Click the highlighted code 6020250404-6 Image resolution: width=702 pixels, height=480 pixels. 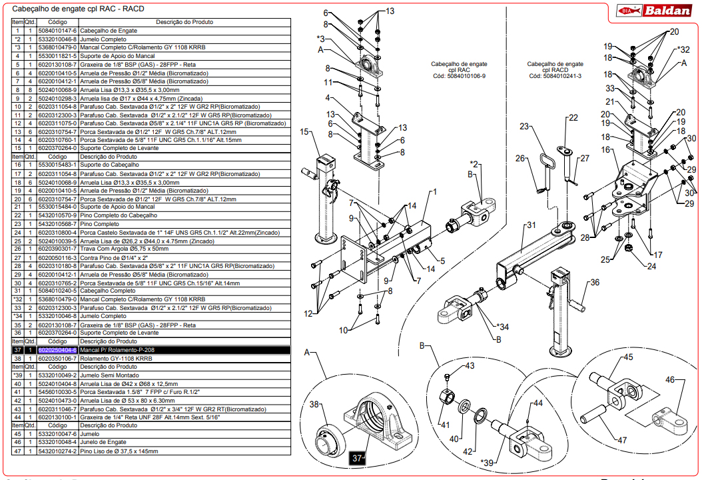pos(58,350)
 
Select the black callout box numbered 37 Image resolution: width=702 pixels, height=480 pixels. pos(358,458)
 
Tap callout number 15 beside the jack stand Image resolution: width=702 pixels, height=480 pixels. pos(305,133)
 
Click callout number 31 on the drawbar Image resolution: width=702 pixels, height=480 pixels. pos(531,225)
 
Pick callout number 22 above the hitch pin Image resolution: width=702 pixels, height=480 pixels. pos(573,118)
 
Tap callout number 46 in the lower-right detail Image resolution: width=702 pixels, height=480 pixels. pos(670,380)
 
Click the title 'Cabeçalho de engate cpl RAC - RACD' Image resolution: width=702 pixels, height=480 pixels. pos(74,9)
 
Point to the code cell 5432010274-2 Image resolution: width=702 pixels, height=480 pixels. pos(58,451)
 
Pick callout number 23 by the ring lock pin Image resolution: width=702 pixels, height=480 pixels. pos(524,127)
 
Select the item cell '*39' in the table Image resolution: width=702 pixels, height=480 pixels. pos(18,376)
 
